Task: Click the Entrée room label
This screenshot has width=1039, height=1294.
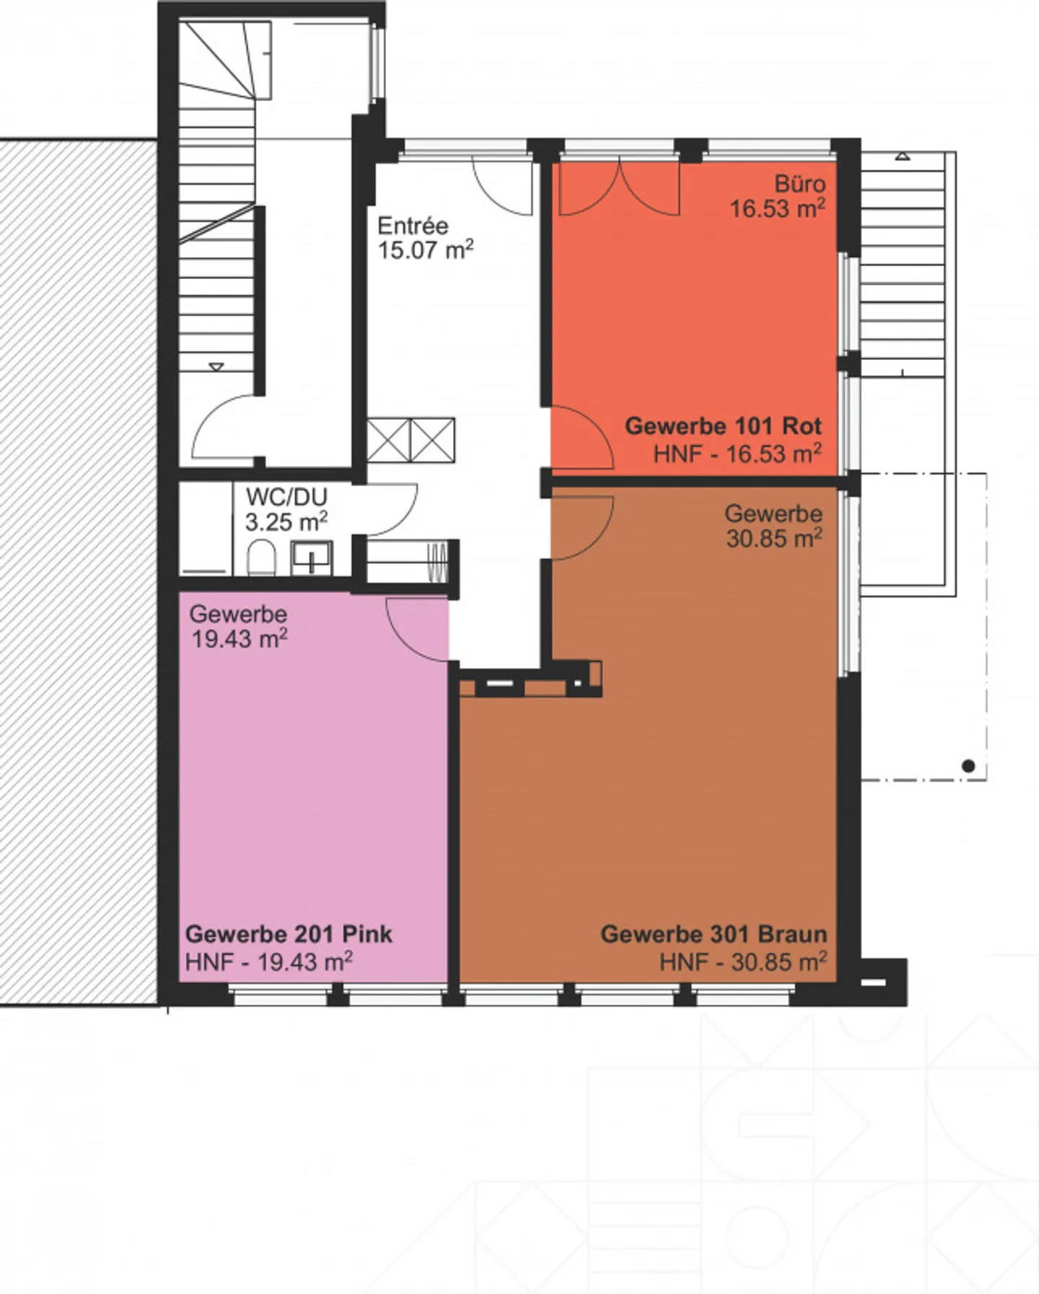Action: (413, 226)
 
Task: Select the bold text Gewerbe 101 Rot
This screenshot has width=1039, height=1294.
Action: (723, 426)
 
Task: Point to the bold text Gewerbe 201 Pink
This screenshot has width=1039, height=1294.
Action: (289, 934)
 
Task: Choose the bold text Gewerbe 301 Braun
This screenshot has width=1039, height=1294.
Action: (714, 934)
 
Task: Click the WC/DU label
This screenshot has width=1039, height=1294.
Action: (286, 497)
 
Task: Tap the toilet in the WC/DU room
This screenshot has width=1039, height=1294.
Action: (261, 558)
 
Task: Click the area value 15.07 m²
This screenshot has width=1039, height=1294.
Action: (426, 251)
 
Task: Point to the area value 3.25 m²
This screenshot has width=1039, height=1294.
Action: (286, 521)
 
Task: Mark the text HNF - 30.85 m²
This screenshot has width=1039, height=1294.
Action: (743, 961)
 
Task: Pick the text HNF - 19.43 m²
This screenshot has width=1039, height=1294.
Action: (269, 961)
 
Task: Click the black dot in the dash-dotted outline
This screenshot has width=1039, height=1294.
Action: (969, 766)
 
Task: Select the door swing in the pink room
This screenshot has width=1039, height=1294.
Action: (417, 630)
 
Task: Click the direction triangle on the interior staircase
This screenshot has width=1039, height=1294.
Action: (216, 367)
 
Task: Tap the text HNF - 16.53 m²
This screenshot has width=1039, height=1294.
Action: (737, 454)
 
